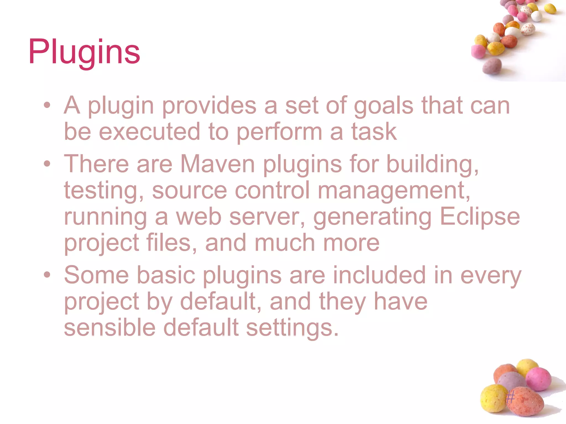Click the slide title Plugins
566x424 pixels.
coord(84,52)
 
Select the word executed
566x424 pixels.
coord(150,132)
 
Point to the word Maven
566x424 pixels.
coord(218,164)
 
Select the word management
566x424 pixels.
coord(394,191)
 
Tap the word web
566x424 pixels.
coord(199,216)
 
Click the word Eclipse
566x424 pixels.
coord(480,217)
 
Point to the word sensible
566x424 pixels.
coord(110,327)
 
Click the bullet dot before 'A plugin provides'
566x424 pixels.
coord(47,105)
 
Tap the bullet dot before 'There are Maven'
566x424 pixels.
coord(47,164)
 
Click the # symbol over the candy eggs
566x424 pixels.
coord(510,397)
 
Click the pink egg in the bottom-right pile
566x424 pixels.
coord(538,379)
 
